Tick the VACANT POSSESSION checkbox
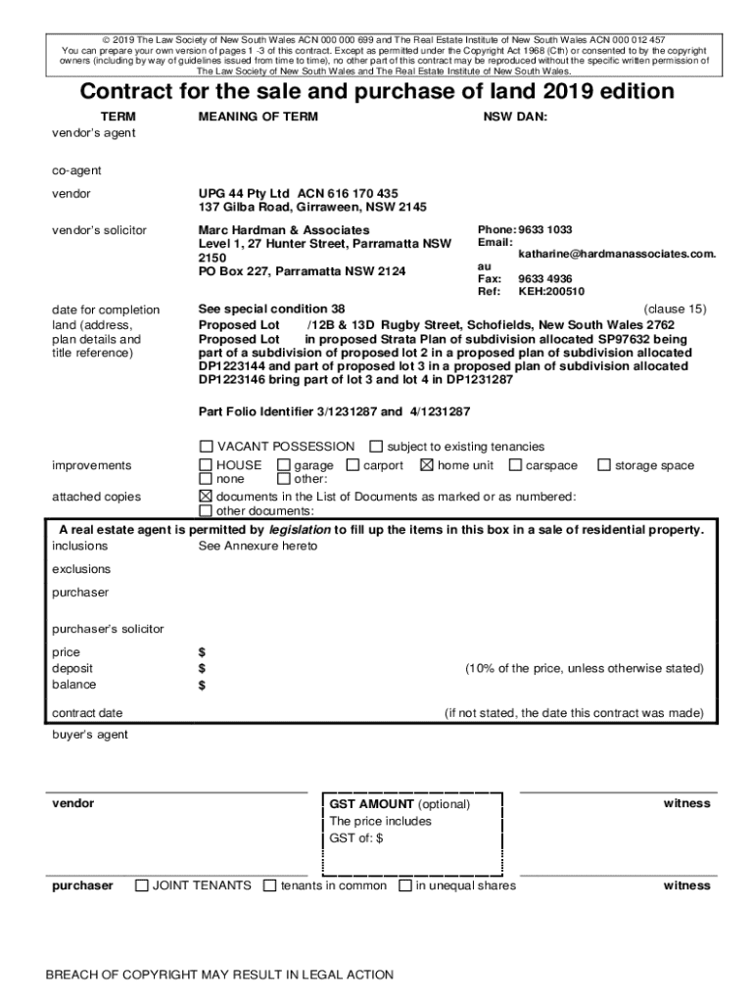click(x=206, y=447)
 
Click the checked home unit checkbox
click(x=426, y=465)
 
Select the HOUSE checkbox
click(x=206, y=465)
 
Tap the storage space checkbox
click(x=604, y=465)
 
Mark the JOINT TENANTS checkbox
click(x=142, y=885)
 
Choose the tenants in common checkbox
click(x=270, y=885)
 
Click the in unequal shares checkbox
click(x=405, y=885)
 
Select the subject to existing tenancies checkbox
click(x=376, y=447)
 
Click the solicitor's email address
click(x=617, y=254)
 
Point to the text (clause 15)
click(x=675, y=309)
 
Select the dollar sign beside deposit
click(x=202, y=668)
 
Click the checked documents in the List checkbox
click(x=206, y=497)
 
